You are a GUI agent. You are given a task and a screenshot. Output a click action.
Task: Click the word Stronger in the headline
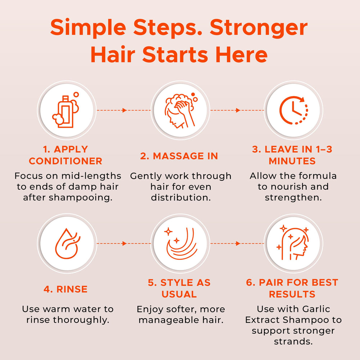point(258,28)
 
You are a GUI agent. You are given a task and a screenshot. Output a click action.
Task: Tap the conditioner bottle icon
point(66,110)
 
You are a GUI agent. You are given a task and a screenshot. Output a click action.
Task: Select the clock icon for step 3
point(294,110)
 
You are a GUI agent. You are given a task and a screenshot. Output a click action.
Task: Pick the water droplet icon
point(67,243)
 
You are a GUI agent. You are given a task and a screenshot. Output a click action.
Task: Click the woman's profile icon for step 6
point(293,243)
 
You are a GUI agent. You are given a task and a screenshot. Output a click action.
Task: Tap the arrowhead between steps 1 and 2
point(125,110)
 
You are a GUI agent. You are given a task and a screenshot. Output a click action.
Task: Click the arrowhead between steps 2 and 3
point(238,110)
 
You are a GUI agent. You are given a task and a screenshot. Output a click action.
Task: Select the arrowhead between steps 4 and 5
point(125,243)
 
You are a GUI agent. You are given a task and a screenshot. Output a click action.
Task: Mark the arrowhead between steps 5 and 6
point(238,243)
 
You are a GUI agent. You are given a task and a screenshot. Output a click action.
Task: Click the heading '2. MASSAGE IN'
point(179,156)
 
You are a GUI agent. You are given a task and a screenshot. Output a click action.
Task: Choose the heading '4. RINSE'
point(66,289)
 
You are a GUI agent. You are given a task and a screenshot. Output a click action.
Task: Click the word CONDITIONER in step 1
point(66,161)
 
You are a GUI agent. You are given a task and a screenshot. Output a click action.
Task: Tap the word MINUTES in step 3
point(292,161)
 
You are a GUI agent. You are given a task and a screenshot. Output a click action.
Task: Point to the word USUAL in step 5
point(179,294)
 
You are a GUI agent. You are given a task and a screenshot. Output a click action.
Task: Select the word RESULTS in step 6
point(292,294)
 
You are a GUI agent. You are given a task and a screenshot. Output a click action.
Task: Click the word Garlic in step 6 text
point(316,309)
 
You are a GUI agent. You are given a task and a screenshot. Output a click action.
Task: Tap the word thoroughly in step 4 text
point(81,320)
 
